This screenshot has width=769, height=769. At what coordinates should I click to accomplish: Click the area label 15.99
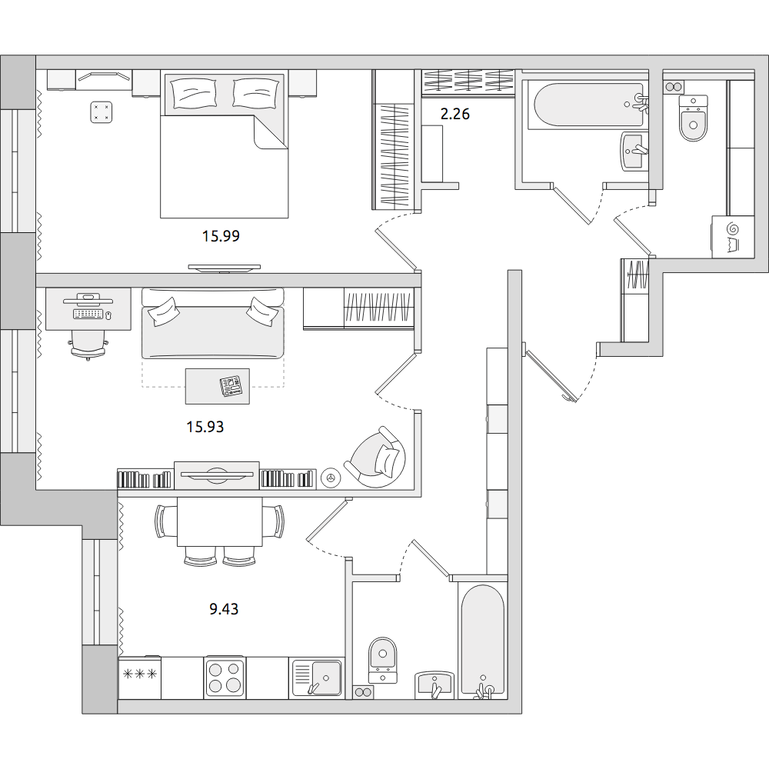coord(221,236)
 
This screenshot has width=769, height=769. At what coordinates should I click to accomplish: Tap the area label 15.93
coord(205,427)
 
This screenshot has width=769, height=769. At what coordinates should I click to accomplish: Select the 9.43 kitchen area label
coord(224,608)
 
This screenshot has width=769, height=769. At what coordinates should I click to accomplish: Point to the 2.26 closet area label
coord(455,114)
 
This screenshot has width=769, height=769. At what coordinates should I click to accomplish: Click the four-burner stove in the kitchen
coord(225,677)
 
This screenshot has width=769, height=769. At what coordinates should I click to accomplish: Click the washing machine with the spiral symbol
coord(733,236)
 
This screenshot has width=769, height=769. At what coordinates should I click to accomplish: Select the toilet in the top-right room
coord(693,118)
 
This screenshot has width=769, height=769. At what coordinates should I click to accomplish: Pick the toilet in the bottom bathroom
coord(382,660)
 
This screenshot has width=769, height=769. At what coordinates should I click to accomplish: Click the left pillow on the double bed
coord(193,92)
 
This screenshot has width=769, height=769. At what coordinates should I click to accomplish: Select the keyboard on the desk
coord(88,314)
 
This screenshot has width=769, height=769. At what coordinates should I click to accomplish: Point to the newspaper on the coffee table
coord(231,386)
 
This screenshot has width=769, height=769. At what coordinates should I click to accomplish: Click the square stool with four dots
coord(102,112)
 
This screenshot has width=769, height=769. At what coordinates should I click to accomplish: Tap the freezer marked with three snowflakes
coord(139,677)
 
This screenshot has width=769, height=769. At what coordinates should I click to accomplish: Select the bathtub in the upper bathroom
coord(588,106)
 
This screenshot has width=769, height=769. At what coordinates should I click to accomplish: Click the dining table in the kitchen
coord(220,521)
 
